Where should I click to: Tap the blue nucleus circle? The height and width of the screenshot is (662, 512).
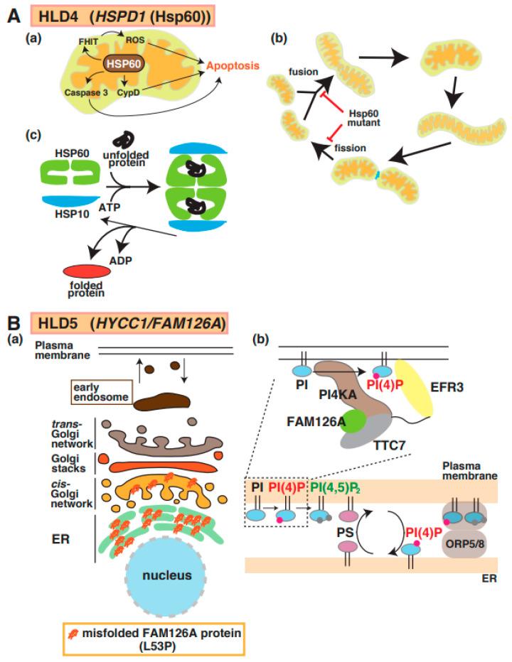pos(155,575)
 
